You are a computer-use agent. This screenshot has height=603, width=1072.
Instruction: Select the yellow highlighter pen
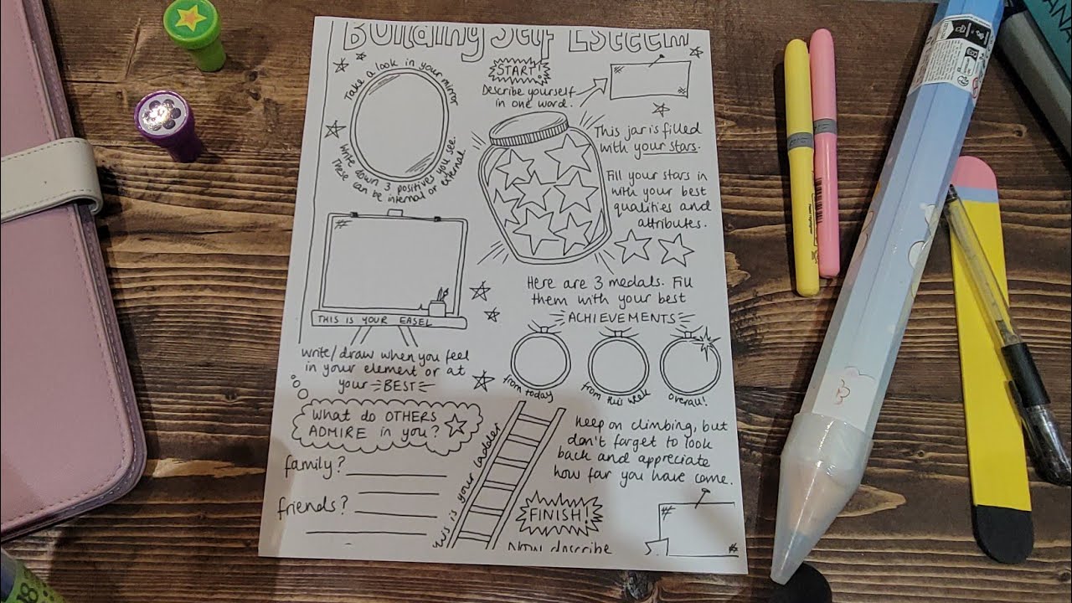coord(801,167)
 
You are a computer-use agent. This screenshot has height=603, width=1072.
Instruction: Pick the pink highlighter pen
coord(825,151)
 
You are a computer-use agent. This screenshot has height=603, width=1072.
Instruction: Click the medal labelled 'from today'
coord(540,360)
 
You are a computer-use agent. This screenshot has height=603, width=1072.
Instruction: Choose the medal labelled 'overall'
coord(690,365)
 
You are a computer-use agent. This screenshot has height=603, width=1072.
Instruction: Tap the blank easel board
coord(392,264)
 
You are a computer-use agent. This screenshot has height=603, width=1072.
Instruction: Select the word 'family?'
coord(311,466)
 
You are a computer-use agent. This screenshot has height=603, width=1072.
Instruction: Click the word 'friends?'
coord(313,506)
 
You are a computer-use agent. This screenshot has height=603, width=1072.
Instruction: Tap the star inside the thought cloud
coord(456,425)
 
